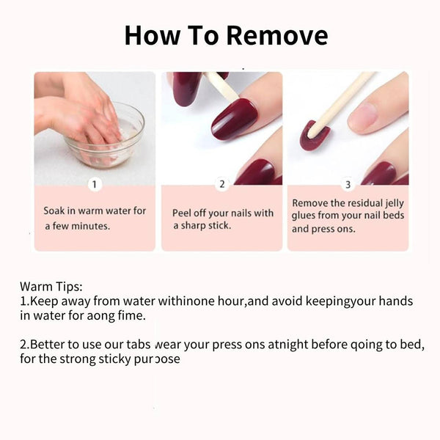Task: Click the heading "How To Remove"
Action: click(x=225, y=34)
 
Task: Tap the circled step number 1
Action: click(x=95, y=185)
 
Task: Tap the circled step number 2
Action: click(x=221, y=185)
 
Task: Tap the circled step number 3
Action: click(x=348, y=185)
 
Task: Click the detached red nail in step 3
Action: click(x=314, y=135)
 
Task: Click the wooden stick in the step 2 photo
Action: click(x=221, y=87)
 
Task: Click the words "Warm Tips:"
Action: click(x=51, y=285)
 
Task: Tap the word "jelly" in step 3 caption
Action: click(x=390, y=202)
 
